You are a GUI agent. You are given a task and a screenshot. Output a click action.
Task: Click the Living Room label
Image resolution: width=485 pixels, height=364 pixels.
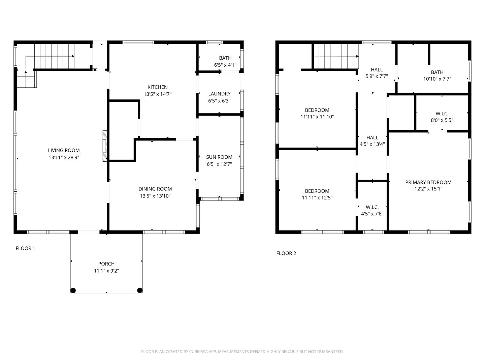coord(64,150)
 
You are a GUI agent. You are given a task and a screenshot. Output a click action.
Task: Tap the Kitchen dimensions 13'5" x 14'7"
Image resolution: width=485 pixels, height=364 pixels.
coord(158,94)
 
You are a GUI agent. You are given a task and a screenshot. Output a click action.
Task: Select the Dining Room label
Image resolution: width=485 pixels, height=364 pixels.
coord(155,189)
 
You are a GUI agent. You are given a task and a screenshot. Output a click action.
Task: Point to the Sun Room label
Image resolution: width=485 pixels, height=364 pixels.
coord(219,157)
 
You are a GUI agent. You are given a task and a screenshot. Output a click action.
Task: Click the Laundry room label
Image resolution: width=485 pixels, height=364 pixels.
coord(219,94)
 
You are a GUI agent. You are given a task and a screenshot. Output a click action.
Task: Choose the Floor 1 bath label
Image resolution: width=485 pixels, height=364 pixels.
coord(225,58)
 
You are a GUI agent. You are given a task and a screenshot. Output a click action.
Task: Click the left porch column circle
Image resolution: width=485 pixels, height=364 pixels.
coord(73,290)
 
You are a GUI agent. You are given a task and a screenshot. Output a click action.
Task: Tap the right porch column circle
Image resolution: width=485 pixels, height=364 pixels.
coord(140,290)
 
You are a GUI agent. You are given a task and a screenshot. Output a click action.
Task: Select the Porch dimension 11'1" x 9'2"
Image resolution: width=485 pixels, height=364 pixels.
coord(106,271)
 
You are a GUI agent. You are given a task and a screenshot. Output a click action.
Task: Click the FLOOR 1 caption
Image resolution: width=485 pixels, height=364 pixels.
coord(25,248)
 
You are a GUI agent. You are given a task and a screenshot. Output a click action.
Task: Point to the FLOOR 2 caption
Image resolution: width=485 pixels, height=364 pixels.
coord(286,253)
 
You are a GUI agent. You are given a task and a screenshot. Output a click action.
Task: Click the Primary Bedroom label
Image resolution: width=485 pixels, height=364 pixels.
coord(428,182)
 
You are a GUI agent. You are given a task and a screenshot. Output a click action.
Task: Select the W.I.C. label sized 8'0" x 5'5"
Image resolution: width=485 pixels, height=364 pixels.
coord(442,114)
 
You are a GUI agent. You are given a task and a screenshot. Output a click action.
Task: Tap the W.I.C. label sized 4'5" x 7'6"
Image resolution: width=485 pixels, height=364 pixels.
coord(372,207)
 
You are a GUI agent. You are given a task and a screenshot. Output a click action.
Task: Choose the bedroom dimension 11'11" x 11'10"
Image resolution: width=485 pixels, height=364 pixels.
coord(317,117)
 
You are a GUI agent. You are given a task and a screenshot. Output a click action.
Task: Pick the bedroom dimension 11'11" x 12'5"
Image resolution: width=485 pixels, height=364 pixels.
coord(317,198)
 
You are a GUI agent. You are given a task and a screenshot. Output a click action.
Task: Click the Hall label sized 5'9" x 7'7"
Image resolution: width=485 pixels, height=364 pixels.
coord(377,70)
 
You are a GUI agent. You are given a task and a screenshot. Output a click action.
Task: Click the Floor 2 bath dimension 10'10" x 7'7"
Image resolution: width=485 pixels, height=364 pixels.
coord(437,79)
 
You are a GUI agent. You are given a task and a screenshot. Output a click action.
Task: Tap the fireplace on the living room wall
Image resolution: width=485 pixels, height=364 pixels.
coord(105,147)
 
